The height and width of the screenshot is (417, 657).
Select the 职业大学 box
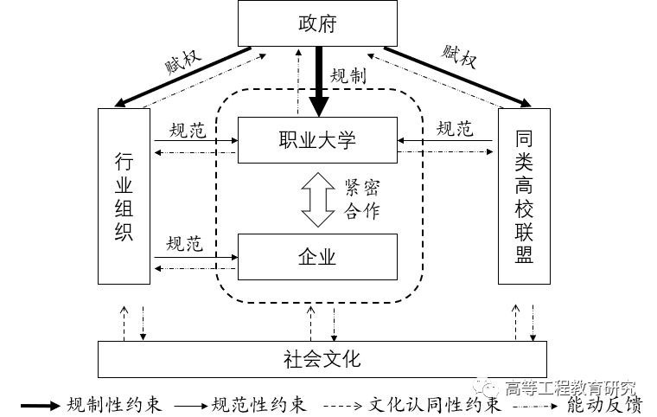317,140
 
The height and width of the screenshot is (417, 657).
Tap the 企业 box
317,256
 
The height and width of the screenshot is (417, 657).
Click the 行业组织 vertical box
124,196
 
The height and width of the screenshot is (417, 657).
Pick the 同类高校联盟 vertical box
524,196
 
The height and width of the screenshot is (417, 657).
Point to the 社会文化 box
322,358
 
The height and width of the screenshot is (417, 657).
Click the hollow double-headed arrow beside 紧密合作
317,199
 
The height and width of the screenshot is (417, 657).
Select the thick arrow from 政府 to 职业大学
319,82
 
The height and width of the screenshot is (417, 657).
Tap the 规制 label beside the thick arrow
349,76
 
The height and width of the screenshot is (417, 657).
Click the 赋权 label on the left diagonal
182,61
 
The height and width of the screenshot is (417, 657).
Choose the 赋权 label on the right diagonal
459,57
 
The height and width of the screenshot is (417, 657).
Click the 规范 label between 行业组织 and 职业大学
187,130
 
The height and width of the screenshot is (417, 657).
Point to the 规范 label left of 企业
184,244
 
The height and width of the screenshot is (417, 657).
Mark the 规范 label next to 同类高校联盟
455,130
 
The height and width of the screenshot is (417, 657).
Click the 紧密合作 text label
361,200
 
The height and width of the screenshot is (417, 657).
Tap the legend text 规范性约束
258,405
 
